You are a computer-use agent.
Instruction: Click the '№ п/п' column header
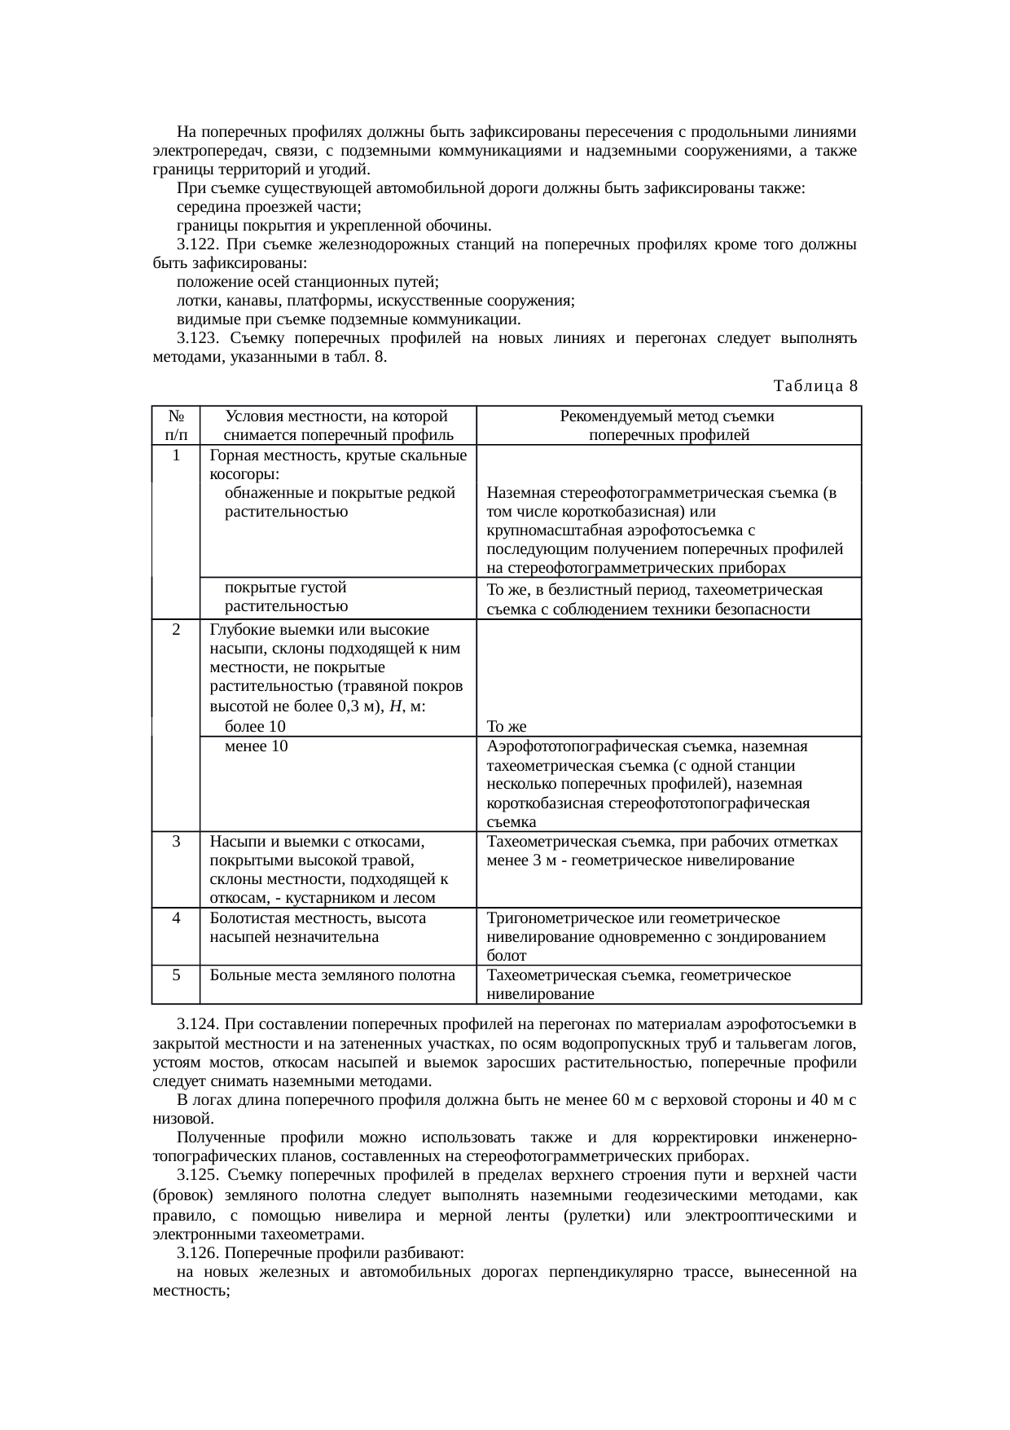[x=175, y=425]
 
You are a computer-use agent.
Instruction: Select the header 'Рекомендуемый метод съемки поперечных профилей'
[x=668, y=425]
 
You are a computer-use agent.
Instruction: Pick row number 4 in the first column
[x=176, y=918]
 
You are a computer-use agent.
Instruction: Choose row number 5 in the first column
[x=176, y=975]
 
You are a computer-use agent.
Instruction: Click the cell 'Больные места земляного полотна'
[x=332, y=975]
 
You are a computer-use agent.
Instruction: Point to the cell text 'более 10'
[x=255, y=727]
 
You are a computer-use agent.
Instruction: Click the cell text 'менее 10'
[x=256, y=746]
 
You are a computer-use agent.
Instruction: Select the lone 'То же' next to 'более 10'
[x=506, y=727]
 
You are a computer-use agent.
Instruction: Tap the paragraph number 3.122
[x=198, y=245]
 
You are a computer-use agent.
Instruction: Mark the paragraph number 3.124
[x=198, y=1023]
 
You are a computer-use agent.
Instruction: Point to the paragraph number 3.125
[x=198, y=1175]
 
